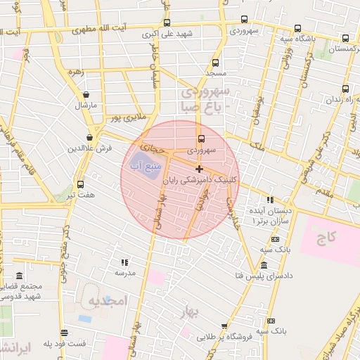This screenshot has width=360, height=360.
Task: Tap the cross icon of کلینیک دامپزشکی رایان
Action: coord(200,169)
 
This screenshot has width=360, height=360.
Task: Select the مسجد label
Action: coord(215,73)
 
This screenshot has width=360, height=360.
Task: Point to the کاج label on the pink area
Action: coord(326,238)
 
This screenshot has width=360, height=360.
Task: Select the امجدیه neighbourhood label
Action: coord(107,302)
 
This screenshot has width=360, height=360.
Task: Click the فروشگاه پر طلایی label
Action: coord(224,337)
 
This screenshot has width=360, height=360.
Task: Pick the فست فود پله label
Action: coord(65,343)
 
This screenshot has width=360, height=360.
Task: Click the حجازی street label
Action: coord(153,148)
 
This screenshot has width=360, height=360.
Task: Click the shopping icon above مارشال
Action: coord(86,94)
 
